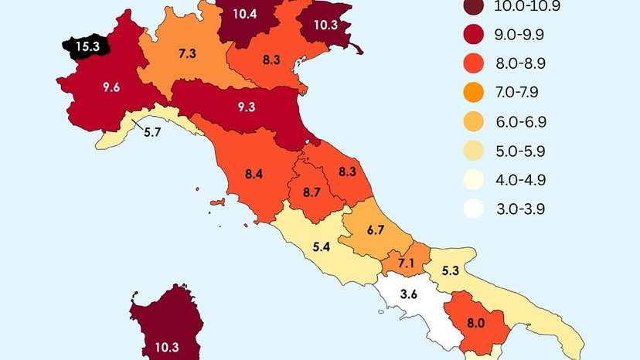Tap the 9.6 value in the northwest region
[111, 87]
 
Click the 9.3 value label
[246, 106]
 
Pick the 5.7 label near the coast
[151, 132]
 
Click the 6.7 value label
[376, 229]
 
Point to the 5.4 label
[322, 249]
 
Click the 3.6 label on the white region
[409, 294]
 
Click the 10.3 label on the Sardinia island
[167, 347]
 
